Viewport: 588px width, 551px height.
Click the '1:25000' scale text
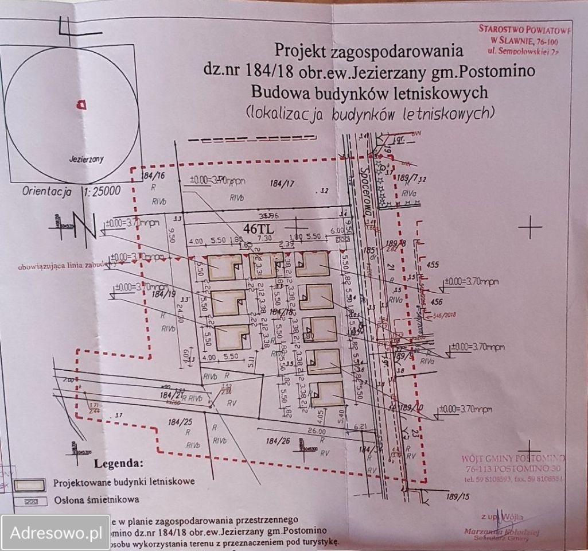point(102,192)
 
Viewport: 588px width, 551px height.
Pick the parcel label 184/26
point(279,441)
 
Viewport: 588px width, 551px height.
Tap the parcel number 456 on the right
point(437,302)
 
